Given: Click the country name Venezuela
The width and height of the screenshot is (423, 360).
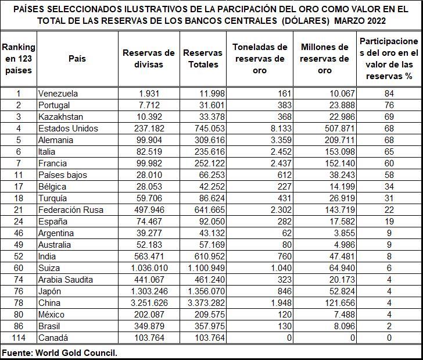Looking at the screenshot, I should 58,94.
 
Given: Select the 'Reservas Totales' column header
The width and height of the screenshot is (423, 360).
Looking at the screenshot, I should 203,58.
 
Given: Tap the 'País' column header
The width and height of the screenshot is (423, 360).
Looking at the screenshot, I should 77,58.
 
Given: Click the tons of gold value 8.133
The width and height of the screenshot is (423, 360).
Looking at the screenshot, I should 275,129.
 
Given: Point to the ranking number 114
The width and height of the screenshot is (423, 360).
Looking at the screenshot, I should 18,338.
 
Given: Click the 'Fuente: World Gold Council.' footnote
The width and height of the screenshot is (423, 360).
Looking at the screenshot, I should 59,352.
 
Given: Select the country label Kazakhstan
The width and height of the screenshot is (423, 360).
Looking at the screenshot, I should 61,117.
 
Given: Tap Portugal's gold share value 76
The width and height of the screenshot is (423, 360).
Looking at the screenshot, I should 389,105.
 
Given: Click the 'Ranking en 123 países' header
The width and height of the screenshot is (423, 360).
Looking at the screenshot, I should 19,58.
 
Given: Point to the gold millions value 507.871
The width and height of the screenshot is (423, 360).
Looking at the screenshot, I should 333,129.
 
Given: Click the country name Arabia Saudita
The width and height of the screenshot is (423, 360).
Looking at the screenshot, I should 65,280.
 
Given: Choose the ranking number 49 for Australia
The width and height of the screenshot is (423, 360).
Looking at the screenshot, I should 18,245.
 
